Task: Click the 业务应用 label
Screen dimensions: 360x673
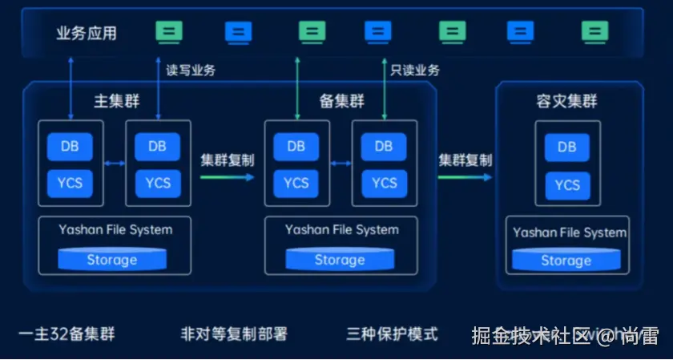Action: pos(87,33)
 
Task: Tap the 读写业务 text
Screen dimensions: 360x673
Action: pos(191,70)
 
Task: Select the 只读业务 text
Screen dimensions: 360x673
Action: pos(415,70)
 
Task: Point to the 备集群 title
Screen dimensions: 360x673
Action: pos(342,102)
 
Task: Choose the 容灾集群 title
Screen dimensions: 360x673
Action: pos(566,102)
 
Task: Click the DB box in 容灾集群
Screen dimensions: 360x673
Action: pos(566,148)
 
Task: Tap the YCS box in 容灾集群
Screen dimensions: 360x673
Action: pos(566,185)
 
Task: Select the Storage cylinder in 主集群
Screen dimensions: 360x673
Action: pos(112,260)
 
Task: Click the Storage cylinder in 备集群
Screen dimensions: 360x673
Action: pos(339,260)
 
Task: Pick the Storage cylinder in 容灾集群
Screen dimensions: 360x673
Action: pos(566,261)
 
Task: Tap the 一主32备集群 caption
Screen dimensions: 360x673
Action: pos(66,334)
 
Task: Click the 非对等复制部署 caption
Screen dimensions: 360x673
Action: pos(234,334)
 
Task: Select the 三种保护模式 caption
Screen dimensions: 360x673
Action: pos(393,334)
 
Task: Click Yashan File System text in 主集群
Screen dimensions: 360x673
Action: pos(115,229)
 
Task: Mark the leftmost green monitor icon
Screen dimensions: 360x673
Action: pos(169,32)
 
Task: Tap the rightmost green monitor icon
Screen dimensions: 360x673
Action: pos(594,32)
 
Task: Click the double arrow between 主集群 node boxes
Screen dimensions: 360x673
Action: pos(115,164)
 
